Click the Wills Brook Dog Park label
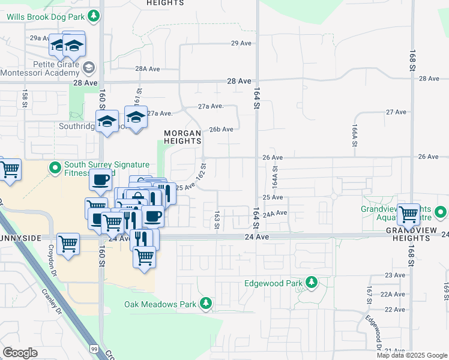tap(45, 17)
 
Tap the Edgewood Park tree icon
tap(311, 282)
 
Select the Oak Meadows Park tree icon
tap(206, 304)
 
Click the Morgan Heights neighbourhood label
tap(182, 136)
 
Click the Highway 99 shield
tap(94, 348)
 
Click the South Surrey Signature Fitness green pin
tap(55, 167)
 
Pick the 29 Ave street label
tap(241, 43)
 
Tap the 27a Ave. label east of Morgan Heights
tap(211, 106)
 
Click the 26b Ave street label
tap(221, 129)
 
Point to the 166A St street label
tap(355, 135)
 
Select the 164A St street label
tap(274, 176)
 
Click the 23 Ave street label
tap(395, 275)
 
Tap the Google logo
tap(20, 353)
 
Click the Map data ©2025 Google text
tap(412, 355)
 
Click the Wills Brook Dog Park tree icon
tap(94, 16)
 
